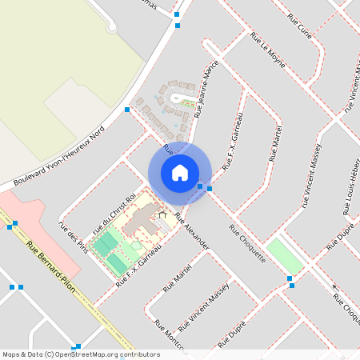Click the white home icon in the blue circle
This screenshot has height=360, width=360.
[x=180, y=173]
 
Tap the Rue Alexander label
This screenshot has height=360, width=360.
[x=192, y=232]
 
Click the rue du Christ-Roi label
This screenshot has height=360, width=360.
[x=116, y=210]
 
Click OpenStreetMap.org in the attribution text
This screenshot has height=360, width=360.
[x=94, y=354]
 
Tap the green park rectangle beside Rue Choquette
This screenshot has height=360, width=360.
[x=284, y=254]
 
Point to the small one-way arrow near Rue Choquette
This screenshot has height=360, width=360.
[x=335, y=287]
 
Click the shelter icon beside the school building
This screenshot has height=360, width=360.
[x=164, y=214]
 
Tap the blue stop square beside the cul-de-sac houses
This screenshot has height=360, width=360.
[x=127, y=109]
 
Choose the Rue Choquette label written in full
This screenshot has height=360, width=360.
[x=246, y=243]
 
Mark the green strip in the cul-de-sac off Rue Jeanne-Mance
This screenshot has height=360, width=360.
[x=188, y=102]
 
